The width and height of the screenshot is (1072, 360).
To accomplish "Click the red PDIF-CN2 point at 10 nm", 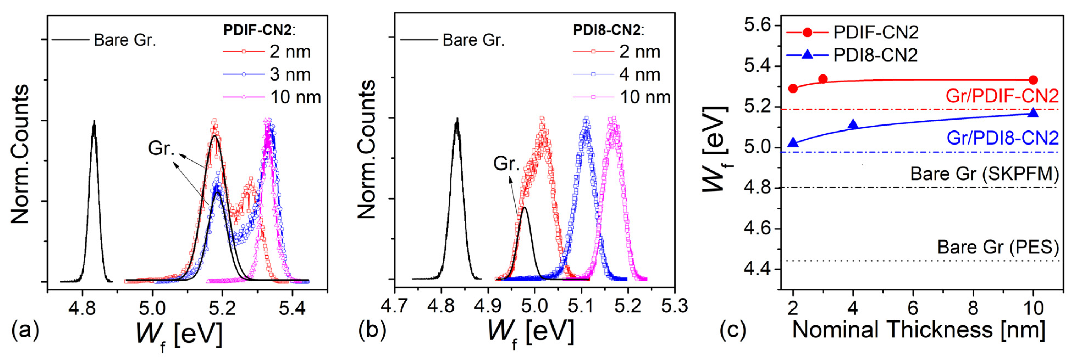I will point(1033,80).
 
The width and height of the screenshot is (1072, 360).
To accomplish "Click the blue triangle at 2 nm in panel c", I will point(793,143).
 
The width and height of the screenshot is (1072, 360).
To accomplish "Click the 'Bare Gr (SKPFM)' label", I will point(984,174).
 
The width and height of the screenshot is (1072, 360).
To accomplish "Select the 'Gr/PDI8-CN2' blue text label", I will point(1002,138).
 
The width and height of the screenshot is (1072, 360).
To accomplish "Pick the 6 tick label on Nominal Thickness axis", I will point(913,308).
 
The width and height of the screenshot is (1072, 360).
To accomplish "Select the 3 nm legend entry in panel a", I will point(290,74).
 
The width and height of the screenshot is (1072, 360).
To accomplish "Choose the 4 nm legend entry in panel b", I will point(639,74).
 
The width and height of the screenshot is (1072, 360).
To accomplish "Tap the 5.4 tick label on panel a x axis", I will point(292,308).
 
